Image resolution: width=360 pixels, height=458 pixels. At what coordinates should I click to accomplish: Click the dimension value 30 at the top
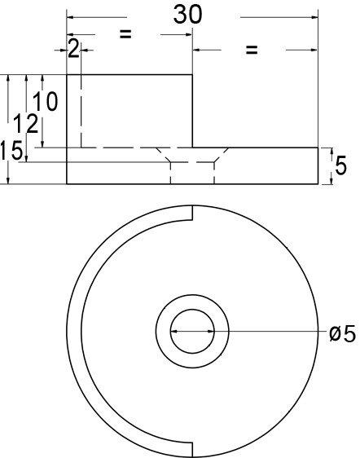pos(188,14)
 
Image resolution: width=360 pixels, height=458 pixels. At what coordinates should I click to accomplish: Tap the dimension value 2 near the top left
pos(73,50)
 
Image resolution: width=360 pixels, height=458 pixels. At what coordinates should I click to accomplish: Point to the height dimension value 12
pos(29,125)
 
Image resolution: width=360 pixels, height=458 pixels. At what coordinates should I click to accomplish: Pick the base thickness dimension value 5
pos(340,166)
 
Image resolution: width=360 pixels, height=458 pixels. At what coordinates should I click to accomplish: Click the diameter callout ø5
pos(342,334)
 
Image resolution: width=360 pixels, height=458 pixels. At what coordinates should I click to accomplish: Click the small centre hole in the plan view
pos(192,332)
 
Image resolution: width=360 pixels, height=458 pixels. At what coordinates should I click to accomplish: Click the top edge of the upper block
pos(130,75)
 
